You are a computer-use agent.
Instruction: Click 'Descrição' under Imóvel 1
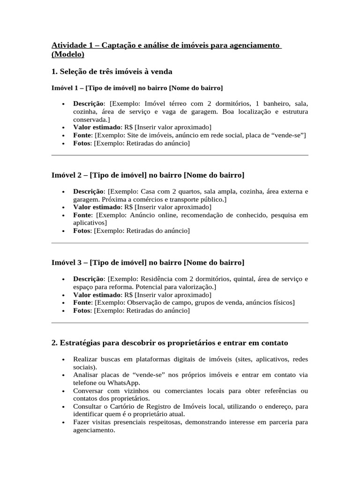pyautogui.click(x=89, y=103)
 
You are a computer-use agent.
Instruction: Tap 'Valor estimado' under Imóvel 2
pyautogui.click(x=97, y=207)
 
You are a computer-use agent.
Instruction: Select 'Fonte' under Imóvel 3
pyautogui.click(x=82, y=302)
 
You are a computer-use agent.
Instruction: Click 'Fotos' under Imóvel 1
pyautogui.click(x=82, y=143)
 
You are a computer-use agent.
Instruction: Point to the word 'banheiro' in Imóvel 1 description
pyautogui.click(x=276, y=103)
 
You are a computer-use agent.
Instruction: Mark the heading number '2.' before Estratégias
pyautogui.click(x=54, y=343)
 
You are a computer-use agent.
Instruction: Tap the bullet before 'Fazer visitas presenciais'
pyautogui.click(x=63, y=422)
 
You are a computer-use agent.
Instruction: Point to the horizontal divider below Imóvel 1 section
pyautogui.click(x=180, y=155)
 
